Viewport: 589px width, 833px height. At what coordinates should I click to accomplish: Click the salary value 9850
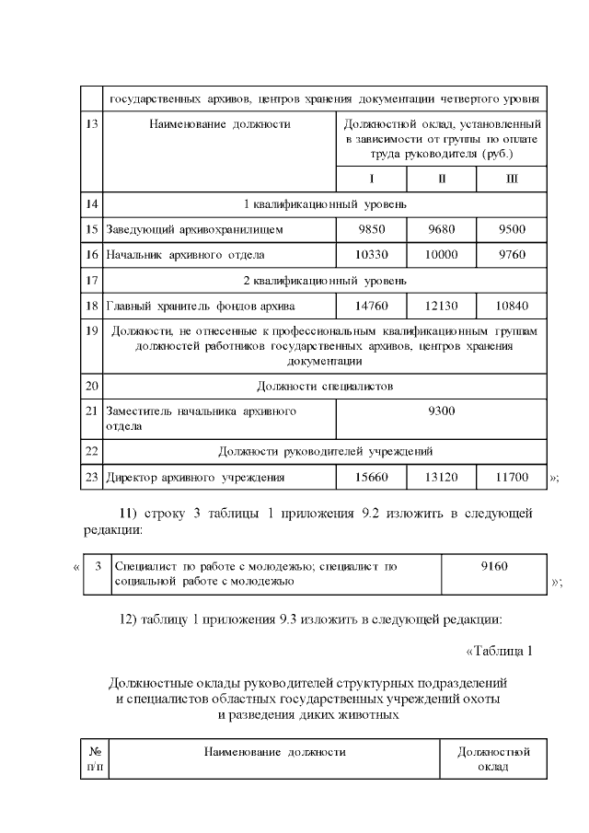[372, 227]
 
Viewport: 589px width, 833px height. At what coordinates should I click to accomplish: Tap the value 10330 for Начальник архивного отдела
[372, 253]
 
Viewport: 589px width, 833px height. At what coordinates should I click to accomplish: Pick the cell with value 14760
[372, 304]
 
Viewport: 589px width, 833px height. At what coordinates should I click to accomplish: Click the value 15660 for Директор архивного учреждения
[372, 477]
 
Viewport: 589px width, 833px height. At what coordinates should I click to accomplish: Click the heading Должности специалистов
[324, 386]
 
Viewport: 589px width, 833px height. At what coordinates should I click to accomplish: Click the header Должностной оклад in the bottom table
[493, 759]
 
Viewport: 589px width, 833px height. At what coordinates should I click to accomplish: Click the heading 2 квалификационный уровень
[324, 278]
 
